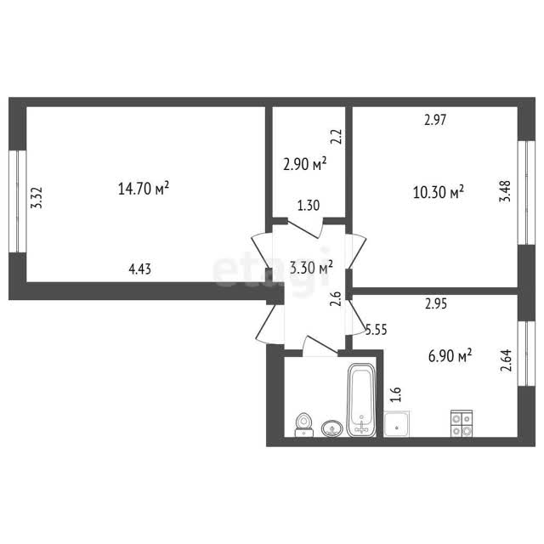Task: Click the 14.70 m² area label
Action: click(x=144, y=189)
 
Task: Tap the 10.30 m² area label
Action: click(x=439, y=192)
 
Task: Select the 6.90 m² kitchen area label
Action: click(x=450, y=355)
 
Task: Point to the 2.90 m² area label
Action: click(x=305, y=164)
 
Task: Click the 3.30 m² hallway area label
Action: click(x=311, y=268)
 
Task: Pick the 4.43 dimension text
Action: click(x=139, y=269)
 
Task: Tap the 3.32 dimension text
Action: click(x=37, y=198)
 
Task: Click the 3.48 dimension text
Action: click(x=505, y=191)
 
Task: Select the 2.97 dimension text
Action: click(x=435, y=120)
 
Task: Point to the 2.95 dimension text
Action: click(x=436, y=304)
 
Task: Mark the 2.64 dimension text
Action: click(x=507, y=360)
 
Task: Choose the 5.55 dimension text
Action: click(x=376, y=329)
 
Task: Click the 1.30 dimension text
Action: click(x=309, y=206)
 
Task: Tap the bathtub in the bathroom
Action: click(x=361, y=399)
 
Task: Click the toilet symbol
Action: click(x=304, y=425)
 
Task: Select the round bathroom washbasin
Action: click(x=332, y=428)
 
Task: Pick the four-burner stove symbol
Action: click(x=462, y=423)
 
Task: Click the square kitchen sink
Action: click(x=397, y=424)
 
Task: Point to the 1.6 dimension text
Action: click(x=396, y=394)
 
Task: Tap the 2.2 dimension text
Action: click(x=337, y=137)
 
